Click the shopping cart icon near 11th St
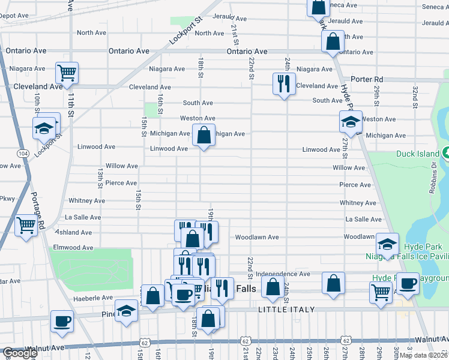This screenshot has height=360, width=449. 67,73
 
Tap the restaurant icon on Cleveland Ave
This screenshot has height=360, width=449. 283,83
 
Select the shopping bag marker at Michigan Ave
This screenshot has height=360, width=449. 204,136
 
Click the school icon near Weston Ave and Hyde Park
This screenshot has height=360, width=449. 351,121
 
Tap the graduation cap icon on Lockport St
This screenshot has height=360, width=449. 46,128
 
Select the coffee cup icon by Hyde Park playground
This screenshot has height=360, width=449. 409,284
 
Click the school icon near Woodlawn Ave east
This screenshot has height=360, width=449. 388,244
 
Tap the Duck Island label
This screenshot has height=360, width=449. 418,154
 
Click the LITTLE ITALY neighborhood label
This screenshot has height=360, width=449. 286,310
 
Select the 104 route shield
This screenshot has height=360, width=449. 23,154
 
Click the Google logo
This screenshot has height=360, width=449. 19,353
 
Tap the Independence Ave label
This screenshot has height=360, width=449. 282,274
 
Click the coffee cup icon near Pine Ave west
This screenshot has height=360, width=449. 62,321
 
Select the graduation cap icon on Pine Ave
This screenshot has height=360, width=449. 126,311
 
